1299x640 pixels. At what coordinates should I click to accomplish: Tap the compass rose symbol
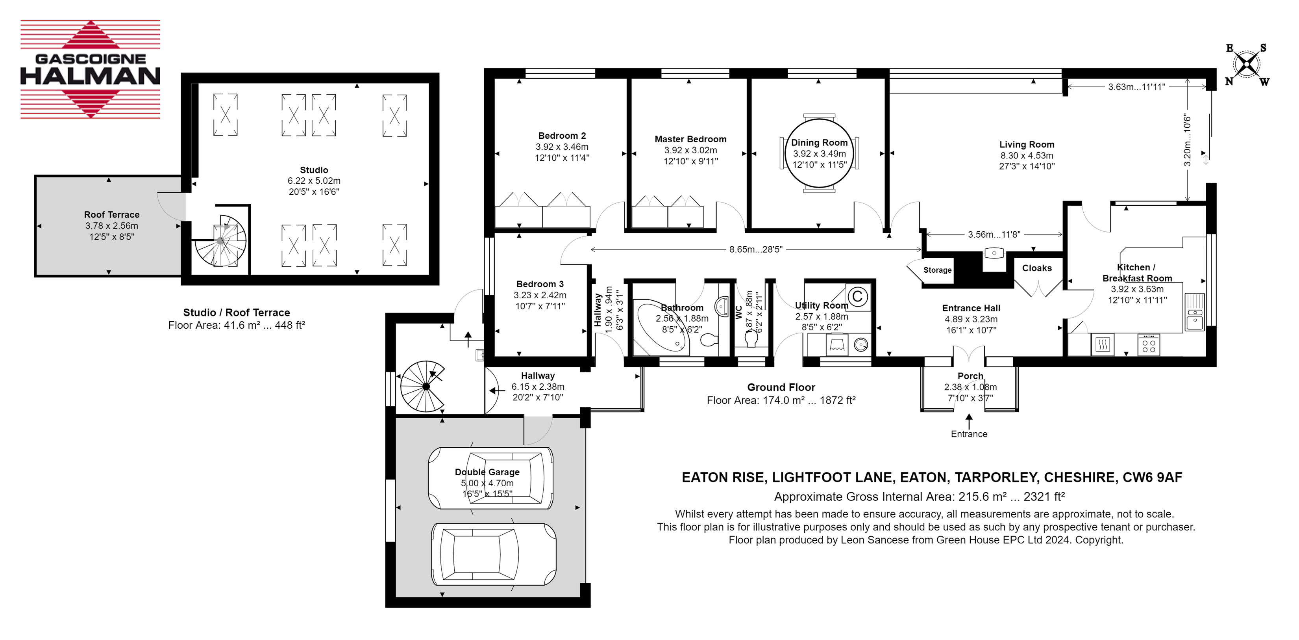coord(1247,65)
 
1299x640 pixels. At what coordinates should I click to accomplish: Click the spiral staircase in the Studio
coord(220,241)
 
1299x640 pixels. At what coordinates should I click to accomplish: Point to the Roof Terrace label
coord(111,214)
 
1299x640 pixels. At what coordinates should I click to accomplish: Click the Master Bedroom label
coord(690,139)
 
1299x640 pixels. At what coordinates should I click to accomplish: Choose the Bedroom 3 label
coord(540,284)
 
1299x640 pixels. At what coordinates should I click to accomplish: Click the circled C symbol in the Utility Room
coord(857,296)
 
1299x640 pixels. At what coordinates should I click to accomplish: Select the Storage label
coord(937,270)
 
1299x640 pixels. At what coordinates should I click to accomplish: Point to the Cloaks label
coord(1037,268)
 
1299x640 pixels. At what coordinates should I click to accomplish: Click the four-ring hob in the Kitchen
coord(1149,345)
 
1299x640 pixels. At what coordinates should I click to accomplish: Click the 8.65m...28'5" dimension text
coord(755,249)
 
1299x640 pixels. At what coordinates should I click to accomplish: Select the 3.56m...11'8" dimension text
coord(994,234)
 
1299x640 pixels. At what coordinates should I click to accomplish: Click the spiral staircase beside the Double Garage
coord(424,387)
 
